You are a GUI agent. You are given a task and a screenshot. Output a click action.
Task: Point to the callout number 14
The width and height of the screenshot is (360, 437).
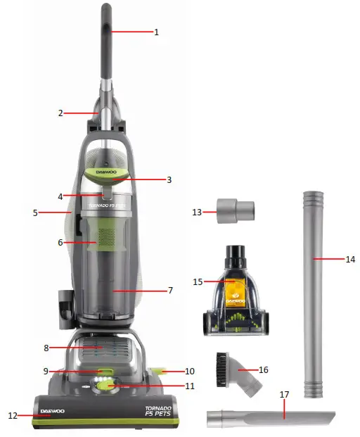point(350,259)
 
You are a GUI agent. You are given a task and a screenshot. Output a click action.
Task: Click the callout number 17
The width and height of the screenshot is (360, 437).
point(285,395)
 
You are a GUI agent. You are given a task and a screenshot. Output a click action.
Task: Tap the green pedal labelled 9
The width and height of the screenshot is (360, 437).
point(105,370)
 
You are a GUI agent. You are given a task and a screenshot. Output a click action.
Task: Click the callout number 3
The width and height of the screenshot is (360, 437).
point(169,179)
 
